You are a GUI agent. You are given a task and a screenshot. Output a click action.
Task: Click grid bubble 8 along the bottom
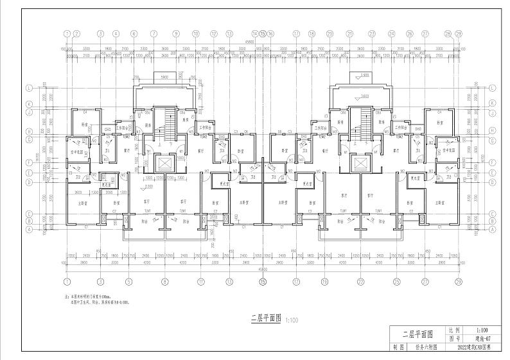pos(164,281)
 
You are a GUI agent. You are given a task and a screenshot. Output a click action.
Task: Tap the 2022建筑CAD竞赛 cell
pos(474,347)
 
